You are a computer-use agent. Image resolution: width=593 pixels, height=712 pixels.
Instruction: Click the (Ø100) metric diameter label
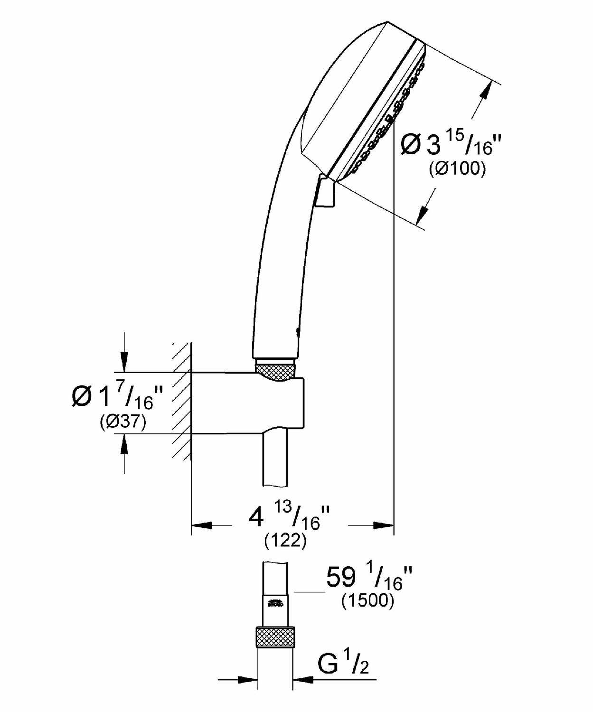[457, 169]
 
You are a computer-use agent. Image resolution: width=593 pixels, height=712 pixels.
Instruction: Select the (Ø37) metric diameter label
[123, 422]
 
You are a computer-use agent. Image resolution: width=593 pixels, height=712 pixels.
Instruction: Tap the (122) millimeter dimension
[285, 540]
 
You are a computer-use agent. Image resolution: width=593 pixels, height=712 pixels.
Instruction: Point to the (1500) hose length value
[368, 600]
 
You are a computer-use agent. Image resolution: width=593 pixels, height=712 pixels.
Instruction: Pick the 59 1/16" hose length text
[369, 578]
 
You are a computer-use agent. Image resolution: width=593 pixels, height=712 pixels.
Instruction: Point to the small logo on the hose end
[275, 604]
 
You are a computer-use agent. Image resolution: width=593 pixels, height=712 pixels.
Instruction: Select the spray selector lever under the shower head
[325, 192]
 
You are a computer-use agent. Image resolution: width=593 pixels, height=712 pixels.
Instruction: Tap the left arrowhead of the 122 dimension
[201, 525]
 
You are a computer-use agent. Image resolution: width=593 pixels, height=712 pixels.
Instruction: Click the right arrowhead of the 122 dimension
[384, 525]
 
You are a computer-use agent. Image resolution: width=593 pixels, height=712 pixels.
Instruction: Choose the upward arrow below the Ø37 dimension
[124, 444]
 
